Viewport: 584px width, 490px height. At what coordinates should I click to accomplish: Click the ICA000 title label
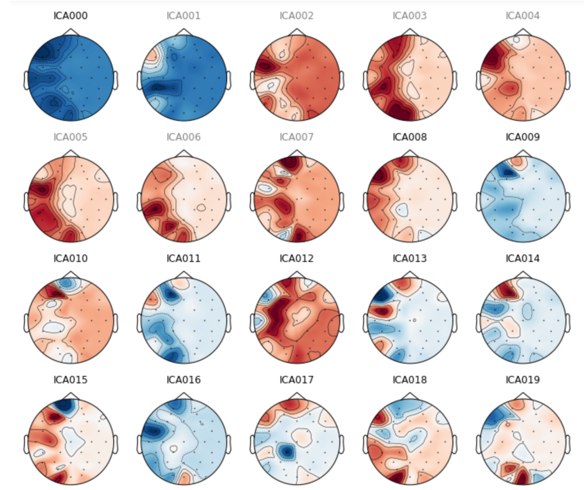[71, 16]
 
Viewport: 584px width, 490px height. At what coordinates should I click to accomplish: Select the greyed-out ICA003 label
[409, 16]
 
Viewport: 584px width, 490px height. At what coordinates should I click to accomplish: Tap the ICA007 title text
[297, 137]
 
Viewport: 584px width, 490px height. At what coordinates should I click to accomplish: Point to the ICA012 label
[297, 258]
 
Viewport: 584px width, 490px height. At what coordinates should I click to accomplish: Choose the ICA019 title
[523, 380]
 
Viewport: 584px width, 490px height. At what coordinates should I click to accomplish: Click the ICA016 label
[183, 380]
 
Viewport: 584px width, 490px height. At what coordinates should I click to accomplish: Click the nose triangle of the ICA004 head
[523, 32]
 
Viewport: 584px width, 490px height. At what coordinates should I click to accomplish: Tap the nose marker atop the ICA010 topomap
[71, 275]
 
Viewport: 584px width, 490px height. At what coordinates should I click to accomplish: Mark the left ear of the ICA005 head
[26, 201]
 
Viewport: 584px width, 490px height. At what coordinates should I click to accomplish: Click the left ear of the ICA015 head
[26, 444]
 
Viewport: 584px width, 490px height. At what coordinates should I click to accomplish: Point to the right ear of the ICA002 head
[342, 80]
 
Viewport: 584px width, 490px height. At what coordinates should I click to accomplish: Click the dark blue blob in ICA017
[287, 452]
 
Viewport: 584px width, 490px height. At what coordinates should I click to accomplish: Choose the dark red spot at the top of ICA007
[290, 163]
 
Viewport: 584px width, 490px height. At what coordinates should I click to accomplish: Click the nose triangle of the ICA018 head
[409, 396]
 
